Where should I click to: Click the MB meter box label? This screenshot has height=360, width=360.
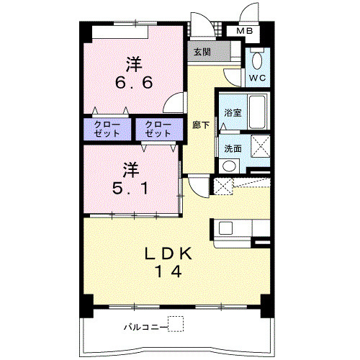(244, 31)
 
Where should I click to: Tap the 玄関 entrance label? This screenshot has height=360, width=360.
(202, 52)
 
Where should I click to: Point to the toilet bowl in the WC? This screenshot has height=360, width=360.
(257, 60)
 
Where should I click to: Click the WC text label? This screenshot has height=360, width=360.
(257, 78)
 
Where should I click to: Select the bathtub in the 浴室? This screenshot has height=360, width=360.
(258, 112)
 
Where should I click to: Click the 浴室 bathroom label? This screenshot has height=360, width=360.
(233, 112)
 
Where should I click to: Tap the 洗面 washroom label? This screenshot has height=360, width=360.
(233, 149)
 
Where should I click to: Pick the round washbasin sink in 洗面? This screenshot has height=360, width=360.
(229, 166)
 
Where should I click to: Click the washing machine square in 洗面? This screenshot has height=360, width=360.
(260, 146)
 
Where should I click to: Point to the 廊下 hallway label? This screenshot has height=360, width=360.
(201, 125)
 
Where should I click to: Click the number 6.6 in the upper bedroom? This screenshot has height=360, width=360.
(134, 83)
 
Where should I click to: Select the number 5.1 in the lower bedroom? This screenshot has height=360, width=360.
(131, 188)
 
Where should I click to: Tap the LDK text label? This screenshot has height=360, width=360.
(168, 253)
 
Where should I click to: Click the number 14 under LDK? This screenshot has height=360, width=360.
(168, 271)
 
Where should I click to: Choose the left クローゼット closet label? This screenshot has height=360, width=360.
(107, 129)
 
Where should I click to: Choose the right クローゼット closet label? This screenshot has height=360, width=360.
(158, 129)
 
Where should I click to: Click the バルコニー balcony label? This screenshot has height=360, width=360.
(145, 327)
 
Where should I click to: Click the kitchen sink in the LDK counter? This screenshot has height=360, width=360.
(225, 228)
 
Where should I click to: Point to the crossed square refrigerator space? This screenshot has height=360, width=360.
(223, 186)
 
